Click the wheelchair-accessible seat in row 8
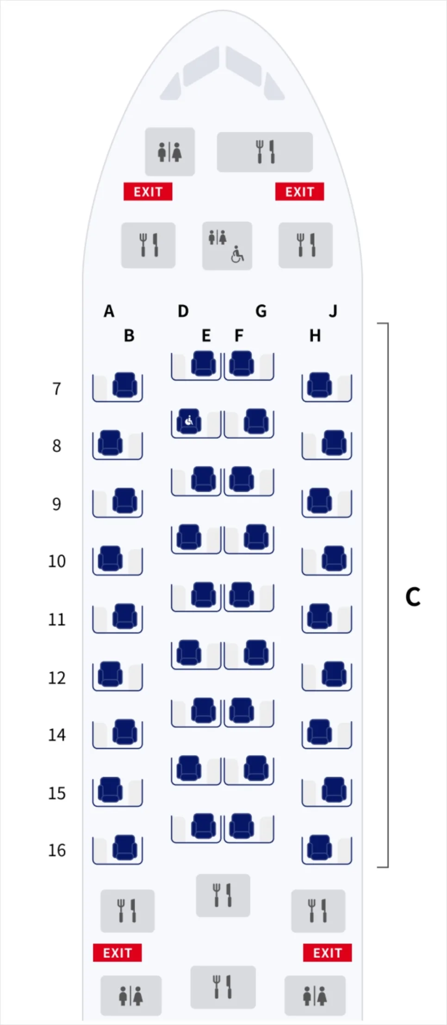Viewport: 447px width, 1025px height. click(x=189, y=421)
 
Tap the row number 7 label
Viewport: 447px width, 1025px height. click(x=56, y=389)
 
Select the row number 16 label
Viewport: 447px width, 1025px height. click(x=57, y=850)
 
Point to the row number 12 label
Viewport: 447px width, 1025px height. click(x=57, y=677)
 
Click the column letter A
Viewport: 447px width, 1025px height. click(x=109, y=311)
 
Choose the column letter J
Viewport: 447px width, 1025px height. click(x=333, y=311)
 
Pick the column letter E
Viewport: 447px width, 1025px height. click(x=206, y=336)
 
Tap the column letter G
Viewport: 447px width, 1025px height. click(x=261, y=311)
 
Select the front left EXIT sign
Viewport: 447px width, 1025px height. click(x=148, y=191)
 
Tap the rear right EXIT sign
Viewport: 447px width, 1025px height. click(x=327, y=952)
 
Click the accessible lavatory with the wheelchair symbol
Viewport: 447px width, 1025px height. click(x=227, y=245)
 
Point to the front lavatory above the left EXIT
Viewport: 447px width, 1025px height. click(x=170, y=152)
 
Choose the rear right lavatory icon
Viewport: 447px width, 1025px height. click(x=315, y=995)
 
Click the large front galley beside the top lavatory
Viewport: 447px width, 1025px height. click(x=265, y=152)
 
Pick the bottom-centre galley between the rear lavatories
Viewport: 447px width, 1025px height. click(x=223, y=987)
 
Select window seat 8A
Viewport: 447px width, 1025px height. click(x=110, y=443)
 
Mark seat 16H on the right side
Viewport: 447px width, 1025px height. click(x=319, y=848)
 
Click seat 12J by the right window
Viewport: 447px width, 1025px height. click(x=334, y=674)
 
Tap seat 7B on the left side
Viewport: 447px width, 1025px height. click(x=125, y=385)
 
